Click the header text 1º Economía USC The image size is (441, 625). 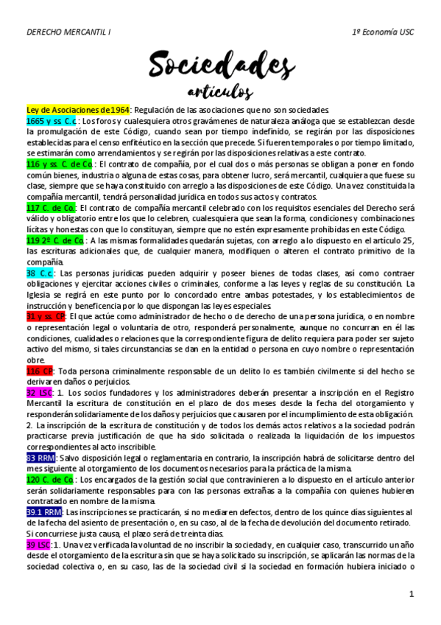pyautogui.click(x=384, y=33)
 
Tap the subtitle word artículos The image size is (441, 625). pyautogui.click(x=219, y=92)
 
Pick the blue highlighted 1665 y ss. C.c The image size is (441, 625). pyautogui.click(x=52, y=120)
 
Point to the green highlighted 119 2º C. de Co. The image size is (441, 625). pyautogui.click(x=55, y=240)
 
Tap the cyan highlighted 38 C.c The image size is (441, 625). pyautogui.click(x=40, y=273)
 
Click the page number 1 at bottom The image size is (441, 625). pyautogui.click(x=412, y=593)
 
